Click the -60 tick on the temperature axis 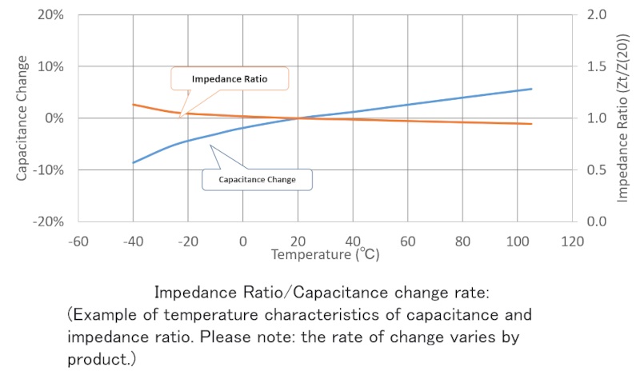[78, 239]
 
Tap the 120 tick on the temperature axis [572, 239]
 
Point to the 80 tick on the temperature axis [462, 239]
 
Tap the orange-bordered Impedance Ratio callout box [230, 79]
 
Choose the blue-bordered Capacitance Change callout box [256, 180]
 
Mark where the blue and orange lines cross [298, 118]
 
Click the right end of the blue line [532, 89]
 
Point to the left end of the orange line [133, 105]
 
